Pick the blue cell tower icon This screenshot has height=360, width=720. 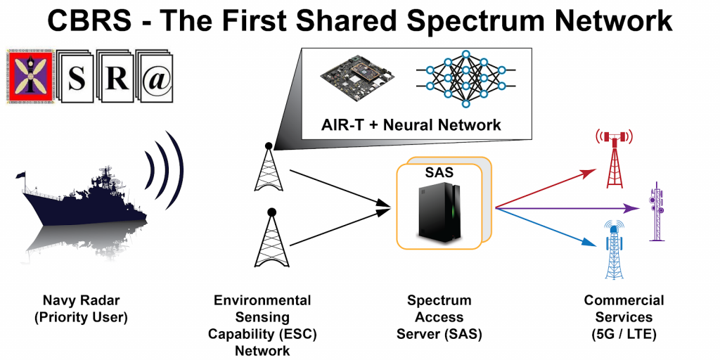click(615, 250)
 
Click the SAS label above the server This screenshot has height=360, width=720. click(439, 172)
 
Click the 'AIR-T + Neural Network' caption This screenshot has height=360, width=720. click(411, 125)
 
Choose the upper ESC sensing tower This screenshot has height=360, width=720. click(268, 169)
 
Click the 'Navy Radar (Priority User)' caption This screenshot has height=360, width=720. click(81, 309)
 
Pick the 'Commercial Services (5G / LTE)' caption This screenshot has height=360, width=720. click(624, 317)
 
